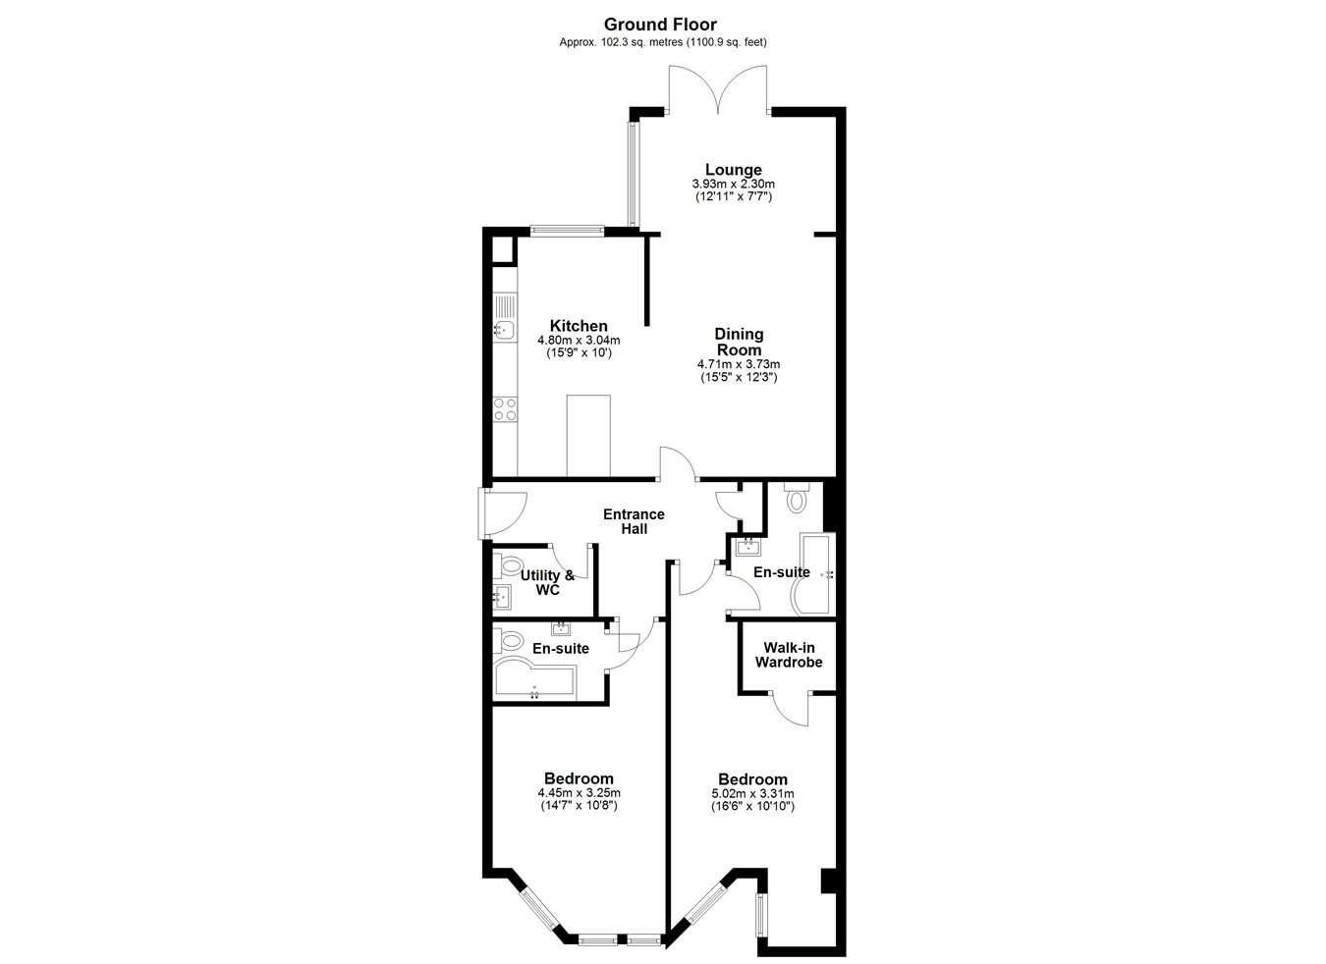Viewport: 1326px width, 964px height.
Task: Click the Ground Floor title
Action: click(660, 25)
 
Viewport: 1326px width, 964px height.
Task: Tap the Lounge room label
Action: click(734, 170)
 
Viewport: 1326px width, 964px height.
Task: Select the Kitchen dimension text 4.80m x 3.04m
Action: click(579, 341)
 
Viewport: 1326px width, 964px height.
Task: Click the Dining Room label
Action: click(739, 342)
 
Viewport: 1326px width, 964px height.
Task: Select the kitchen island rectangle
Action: click(588, 435)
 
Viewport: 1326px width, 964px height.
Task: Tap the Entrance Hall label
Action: click(634, 521)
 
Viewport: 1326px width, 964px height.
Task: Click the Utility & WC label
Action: click(547, 582)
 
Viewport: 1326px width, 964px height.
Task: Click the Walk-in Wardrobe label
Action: click(789, 655)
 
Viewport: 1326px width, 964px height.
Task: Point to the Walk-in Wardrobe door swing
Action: click(792, 709)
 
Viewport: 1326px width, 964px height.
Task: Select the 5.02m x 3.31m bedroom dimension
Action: click(753, 794)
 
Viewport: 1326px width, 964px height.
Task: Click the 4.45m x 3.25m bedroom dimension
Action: click(579, 793)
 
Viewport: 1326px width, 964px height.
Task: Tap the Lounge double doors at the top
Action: click(718, 88)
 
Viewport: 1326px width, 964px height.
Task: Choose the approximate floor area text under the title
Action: click(663, 42)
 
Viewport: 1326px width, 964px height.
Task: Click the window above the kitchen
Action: click(567, 231)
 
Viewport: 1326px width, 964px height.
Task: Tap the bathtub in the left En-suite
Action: click(534, 679)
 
